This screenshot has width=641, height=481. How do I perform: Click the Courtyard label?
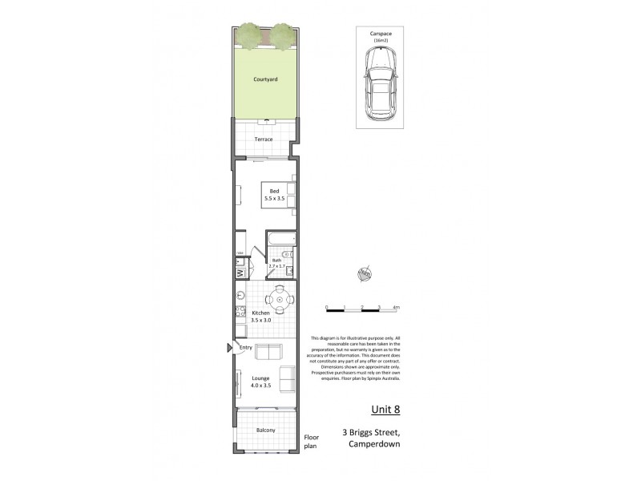coord(265,79)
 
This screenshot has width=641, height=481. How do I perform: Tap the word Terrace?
coord(264,139)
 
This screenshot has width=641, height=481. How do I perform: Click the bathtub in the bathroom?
coord(282,238)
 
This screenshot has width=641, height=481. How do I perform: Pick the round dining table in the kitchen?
coord(280,301)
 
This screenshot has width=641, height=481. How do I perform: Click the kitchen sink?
coord(239,294)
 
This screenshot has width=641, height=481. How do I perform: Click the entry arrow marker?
coord(229,348)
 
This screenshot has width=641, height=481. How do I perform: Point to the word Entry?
coord(246,348)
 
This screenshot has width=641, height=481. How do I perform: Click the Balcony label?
coord(266,430)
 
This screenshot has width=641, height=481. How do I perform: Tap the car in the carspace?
coord(379,83)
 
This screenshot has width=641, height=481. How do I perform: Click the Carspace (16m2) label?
coord(380,36)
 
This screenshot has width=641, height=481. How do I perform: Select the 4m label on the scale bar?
coord(396,307)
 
